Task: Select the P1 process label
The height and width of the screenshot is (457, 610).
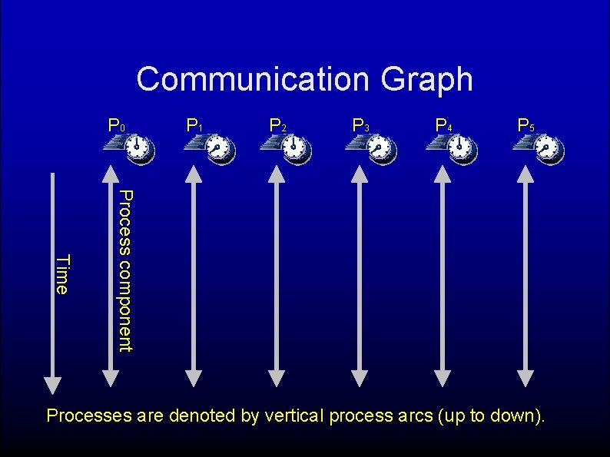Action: tap(195, 124)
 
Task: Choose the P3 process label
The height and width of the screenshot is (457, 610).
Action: tap(360, 124)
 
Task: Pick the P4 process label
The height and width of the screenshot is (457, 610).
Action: tap(443, 124)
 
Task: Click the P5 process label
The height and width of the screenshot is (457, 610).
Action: tap(526, 124)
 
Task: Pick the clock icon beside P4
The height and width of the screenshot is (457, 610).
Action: tap(459, 147)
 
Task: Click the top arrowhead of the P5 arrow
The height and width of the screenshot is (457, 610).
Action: tap(525, 174)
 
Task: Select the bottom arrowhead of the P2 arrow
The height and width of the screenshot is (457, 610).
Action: tap(277, 377)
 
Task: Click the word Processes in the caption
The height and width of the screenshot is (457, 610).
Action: tap(88, 416)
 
